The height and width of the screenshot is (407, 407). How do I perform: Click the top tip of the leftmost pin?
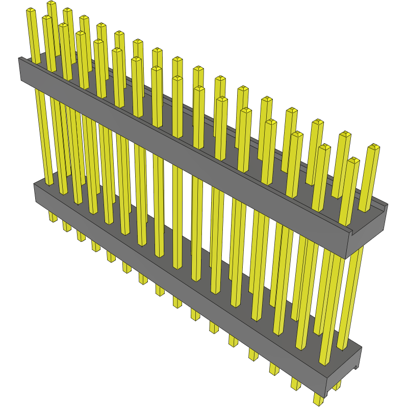[31, 11]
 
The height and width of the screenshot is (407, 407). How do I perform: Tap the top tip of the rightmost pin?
[374, 147]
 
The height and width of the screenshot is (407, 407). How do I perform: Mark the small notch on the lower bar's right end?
[356, 367]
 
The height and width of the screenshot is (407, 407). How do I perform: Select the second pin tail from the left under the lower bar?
[67, 226]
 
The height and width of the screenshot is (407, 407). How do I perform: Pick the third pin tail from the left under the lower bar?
[81, 236]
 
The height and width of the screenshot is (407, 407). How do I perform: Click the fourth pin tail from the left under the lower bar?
[96, 246]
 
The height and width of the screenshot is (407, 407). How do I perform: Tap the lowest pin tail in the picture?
[318, 400]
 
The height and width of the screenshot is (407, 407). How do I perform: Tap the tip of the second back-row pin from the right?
[345, 135]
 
